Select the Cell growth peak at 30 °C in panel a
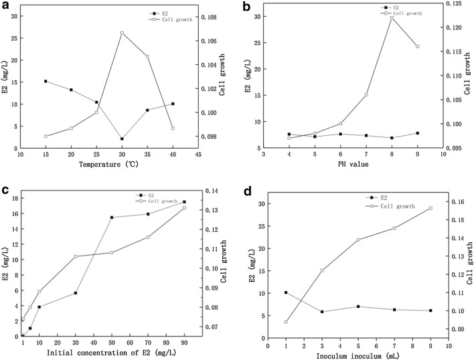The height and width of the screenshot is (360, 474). [x=122, y=33]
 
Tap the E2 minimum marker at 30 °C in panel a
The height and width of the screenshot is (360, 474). [x=122, y=139]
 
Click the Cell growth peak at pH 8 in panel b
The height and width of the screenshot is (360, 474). [x=392, y=17]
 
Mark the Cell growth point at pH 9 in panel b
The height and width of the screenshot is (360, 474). [x=417, y=46]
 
